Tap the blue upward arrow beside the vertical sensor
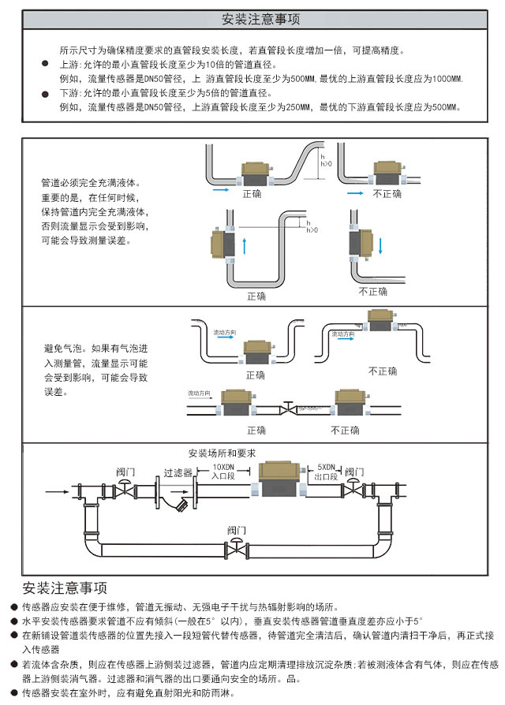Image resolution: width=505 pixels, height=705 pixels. (x=245, y=244)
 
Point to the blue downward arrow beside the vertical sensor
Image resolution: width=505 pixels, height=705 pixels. (x=380, y=244)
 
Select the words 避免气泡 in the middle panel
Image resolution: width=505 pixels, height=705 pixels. (x=62, y=348)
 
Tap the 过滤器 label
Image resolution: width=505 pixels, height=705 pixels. (x=178, y=473)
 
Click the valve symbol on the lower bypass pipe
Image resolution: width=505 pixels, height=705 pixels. (x=235, y=546)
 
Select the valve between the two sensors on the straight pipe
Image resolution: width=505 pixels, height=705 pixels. (x=286, y=408)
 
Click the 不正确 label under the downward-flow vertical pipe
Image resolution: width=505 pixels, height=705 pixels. (x=373, y=291)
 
